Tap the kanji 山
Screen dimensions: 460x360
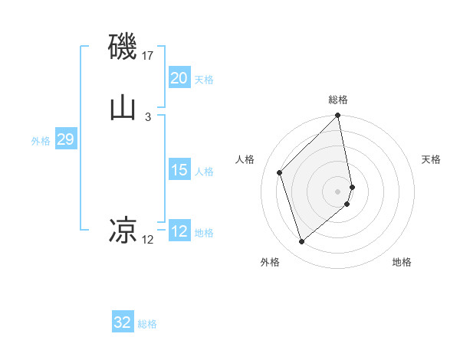123,107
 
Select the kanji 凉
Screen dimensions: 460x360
123,229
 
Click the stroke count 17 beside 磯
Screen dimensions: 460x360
148,56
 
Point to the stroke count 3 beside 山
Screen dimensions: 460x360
147,116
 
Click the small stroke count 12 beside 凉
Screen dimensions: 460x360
147,240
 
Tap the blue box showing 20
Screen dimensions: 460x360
179,78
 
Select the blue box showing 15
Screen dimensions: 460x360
179,170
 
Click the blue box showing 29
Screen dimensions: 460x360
65,139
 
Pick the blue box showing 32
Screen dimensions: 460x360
123,322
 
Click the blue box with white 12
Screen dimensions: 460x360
179,231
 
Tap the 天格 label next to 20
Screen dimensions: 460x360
204,80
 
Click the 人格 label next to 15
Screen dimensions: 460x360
204,172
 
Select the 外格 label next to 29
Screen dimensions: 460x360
41,141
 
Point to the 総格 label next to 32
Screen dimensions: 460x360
147,324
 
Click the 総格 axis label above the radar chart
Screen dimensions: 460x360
338,100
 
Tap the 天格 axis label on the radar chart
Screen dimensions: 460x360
432,159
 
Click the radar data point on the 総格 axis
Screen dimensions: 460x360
338,116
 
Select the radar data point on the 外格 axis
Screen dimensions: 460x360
301,242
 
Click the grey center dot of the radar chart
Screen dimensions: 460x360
338,190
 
